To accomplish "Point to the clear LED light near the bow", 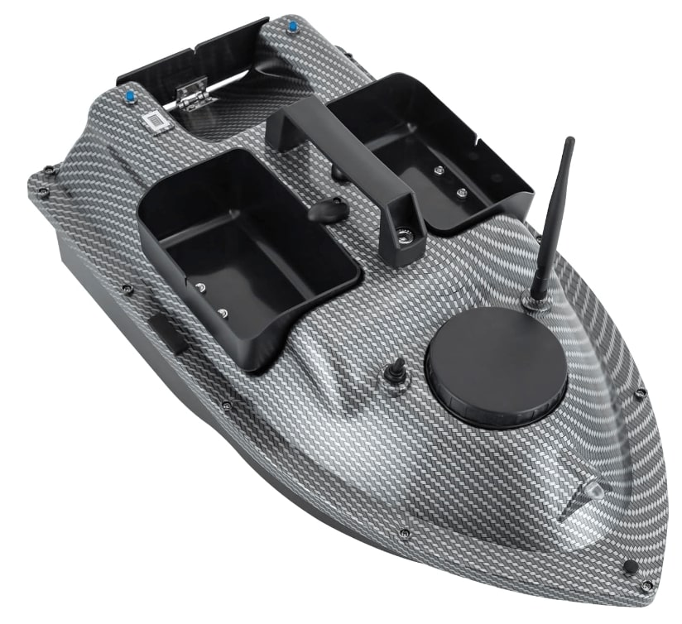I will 595,490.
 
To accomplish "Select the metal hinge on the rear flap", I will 194,96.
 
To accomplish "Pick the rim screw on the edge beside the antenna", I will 640,394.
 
